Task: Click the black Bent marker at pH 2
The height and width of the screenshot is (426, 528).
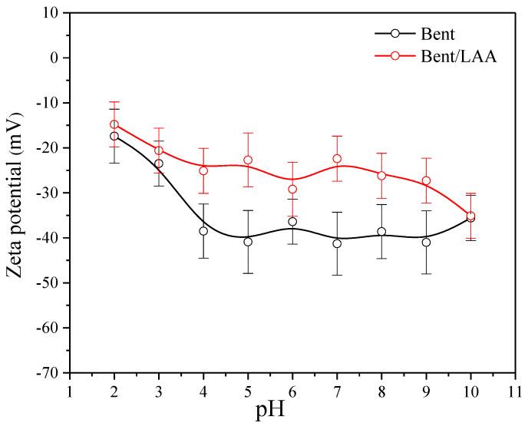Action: [x=114, y=136]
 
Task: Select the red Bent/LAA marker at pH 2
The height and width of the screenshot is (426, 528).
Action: [x=114, y=124]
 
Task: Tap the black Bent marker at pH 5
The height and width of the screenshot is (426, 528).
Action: [x=248, y=242]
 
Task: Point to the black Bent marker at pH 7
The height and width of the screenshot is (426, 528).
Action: [x=337, y=243]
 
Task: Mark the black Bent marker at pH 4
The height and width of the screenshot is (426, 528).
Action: [x=203, y=231]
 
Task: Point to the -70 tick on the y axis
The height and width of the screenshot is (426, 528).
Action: [x=49, y=373]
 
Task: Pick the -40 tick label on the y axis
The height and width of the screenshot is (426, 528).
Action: [x=49, y=238]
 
